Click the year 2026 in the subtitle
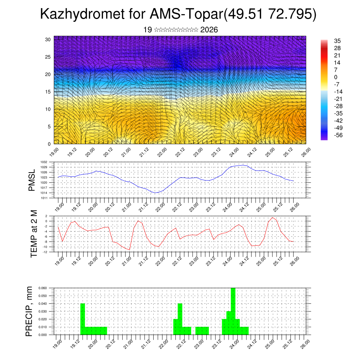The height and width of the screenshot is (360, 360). pos(209,30)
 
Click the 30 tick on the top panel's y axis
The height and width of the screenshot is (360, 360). pos(48,39)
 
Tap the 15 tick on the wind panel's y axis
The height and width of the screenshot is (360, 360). pos(48,92)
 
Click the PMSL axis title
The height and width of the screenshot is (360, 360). pos(32,180)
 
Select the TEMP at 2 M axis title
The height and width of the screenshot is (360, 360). pos(34,233)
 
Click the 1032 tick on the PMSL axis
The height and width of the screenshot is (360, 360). pos(49,162)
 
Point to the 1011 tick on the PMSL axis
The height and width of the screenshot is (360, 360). pos(49,198)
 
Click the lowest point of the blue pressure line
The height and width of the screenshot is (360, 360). pos(155,193)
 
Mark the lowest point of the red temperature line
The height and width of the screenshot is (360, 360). pos(129,250)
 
